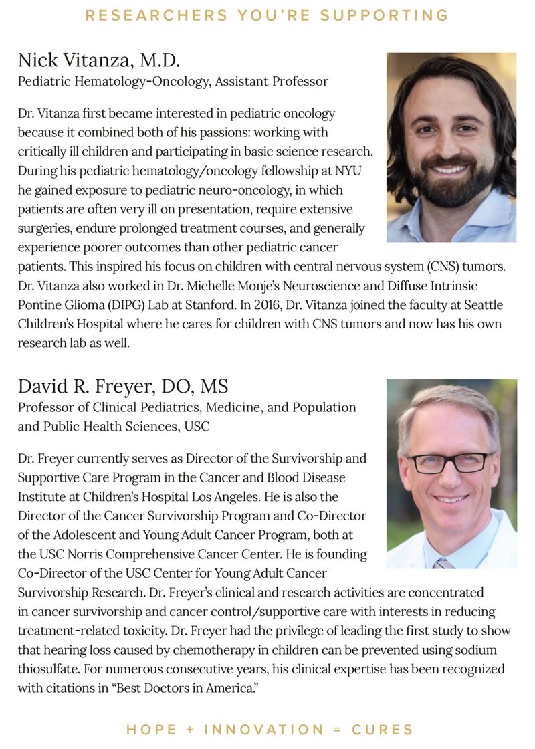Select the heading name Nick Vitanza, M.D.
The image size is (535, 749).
tap(99, 62)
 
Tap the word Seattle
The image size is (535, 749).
tap(479, 304)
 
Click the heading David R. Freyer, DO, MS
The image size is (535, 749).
tap(123, 386)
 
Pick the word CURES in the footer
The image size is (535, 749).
tap(383, 729)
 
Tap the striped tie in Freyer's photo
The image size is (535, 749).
tap(443, 562)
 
